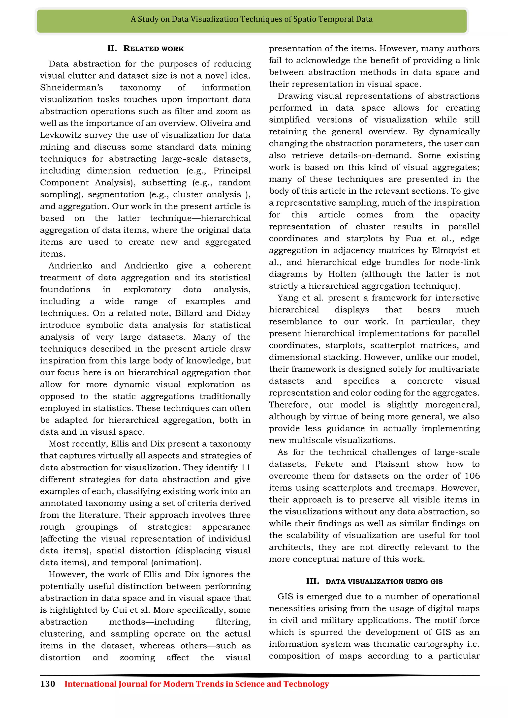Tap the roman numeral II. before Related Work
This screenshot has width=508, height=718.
[112, 49]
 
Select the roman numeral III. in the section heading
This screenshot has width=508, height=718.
[313, 581]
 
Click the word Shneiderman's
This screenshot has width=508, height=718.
[71, 88]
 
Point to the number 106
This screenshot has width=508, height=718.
[472, 476]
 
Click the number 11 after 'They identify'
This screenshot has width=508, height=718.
[246, 468]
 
